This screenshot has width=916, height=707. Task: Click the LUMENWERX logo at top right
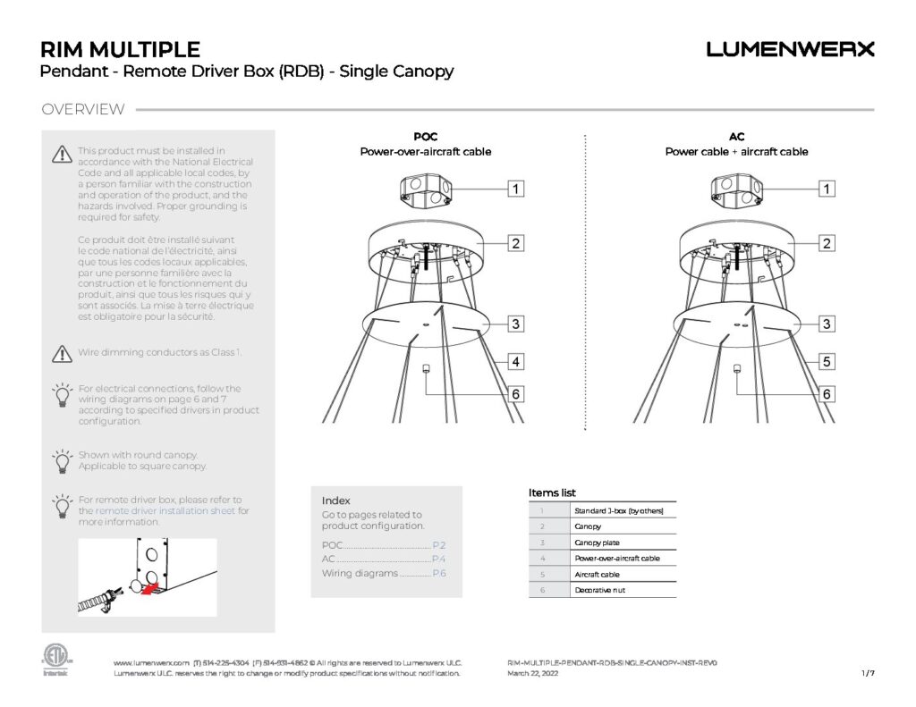[x=790, y=50]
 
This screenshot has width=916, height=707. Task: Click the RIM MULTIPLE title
[x=120, y=50]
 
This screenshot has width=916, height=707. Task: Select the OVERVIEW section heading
[x=83, y=110]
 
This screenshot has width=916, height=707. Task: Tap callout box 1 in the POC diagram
[x=516, y=189]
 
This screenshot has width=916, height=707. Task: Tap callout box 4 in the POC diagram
[x=516, y=362]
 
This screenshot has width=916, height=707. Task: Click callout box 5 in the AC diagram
[x=827, y=362]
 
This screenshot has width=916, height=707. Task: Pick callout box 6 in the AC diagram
[x=827, y=393]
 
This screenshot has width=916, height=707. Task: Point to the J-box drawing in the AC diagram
[x=735, y=189]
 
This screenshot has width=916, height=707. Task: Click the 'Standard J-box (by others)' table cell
[x=623, y=510]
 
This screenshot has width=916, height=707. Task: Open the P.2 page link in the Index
[x=439, y=544]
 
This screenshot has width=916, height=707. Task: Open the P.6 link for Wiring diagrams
[x=439, y=573]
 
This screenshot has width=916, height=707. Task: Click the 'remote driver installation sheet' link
[x=165, y=511]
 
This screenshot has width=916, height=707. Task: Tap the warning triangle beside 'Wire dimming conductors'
[x=61, y=353]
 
